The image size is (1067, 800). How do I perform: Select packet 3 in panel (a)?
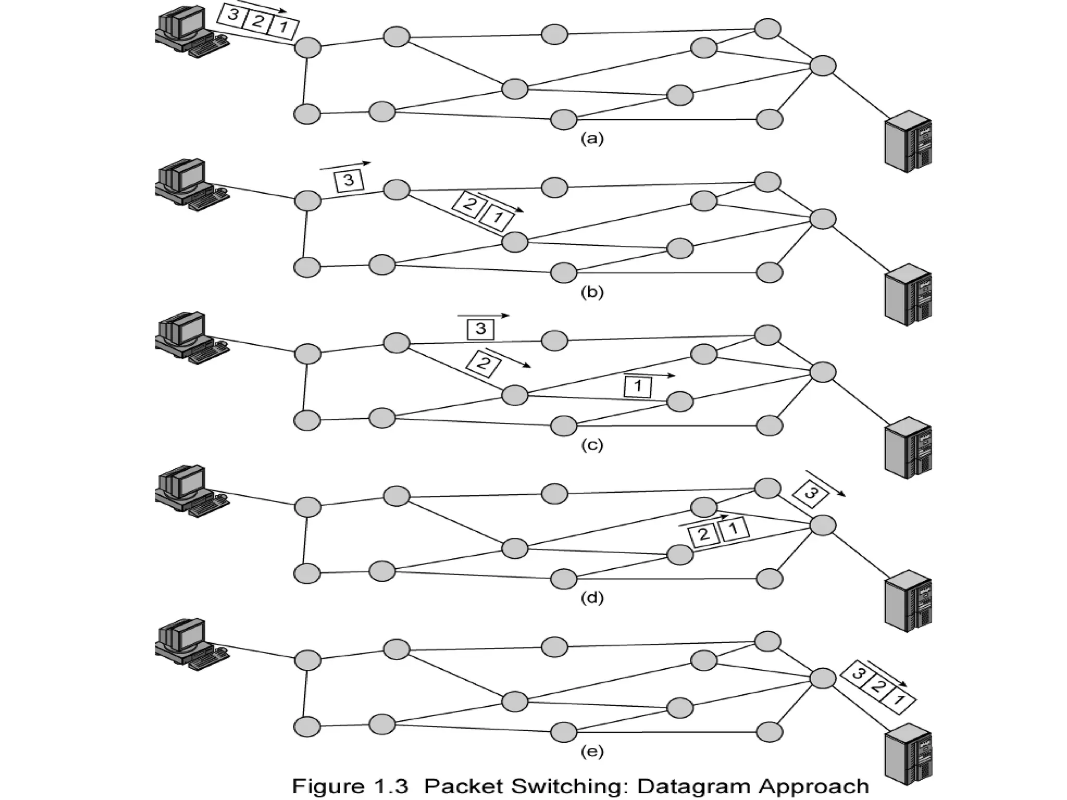[233, 14]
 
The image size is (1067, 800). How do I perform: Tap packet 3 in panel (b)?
[349, 181]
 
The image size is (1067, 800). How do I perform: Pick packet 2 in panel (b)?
[468, 204]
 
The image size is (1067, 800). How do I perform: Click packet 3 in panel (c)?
[480, 329]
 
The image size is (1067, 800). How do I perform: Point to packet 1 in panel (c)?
[638, 386]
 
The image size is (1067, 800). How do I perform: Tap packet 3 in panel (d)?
[810, 492]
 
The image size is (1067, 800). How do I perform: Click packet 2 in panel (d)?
[703, 534]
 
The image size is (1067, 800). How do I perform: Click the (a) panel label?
[592, 139]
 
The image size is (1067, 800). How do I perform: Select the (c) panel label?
[592, 445]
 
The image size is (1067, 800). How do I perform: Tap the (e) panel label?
[592, 752]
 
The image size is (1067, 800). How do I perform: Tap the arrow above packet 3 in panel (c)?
[483, 316]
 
